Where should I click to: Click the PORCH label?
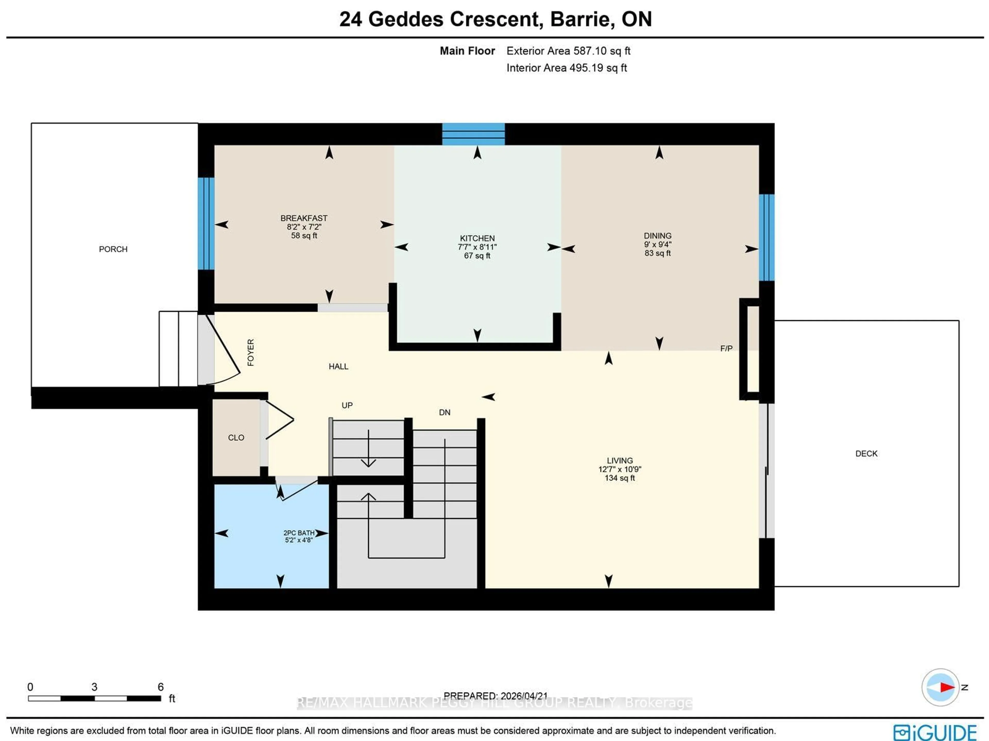(113, 249)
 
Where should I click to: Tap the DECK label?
(866, 454)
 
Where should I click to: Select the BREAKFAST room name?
(304, 218)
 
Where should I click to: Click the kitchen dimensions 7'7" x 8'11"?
(477, 247)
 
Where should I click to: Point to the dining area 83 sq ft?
(657, 253)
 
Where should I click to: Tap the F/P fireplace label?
(726, 348)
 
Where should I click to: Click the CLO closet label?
(236, 438)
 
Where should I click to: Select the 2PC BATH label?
(299, 533)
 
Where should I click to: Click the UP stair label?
(347, 405)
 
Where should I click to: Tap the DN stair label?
(445, 413)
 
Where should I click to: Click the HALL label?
(338, 367)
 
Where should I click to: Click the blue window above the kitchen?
(473, 134)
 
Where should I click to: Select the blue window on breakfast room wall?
(206, 224)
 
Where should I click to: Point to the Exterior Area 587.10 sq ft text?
(568, 51)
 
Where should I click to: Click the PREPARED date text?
(495, 696)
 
